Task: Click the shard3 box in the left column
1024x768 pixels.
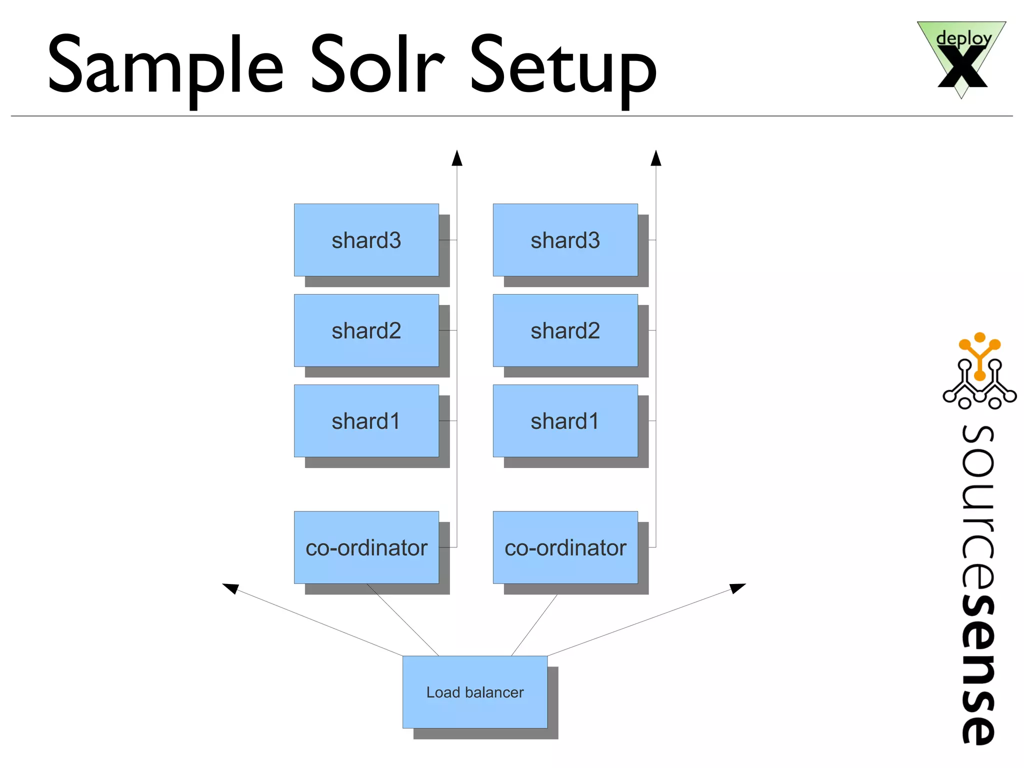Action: coord(366,240)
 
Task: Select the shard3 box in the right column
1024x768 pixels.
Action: coord(565,240)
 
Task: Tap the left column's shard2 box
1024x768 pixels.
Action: coord(366,330)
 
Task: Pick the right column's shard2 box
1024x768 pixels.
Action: coord(565,330)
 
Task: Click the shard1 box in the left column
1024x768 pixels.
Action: coord(366,421)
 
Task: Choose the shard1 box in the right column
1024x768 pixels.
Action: coord(565,421)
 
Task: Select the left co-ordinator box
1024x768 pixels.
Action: coord(366,547)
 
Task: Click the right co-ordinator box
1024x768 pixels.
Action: coord(565,547)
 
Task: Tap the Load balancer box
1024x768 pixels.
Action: coord(474,692)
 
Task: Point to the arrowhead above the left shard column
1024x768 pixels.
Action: coord(457,158)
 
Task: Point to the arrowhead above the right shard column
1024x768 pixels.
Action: coord(656,158)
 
